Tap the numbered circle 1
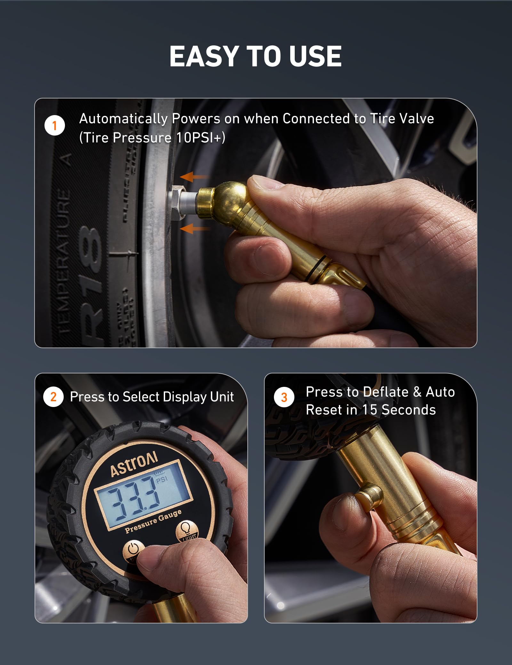[x=54, y=125]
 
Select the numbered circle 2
[x=53, y=397]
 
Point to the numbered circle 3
[x=284, y=397]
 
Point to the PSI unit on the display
[x=162, y=480]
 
